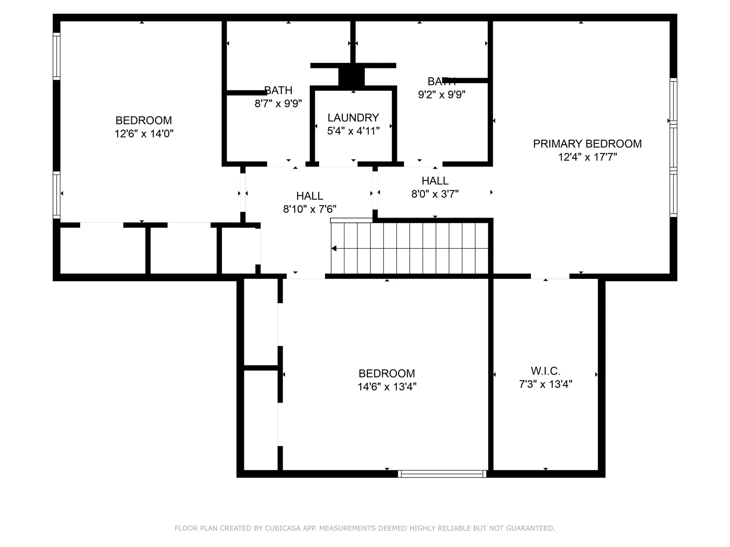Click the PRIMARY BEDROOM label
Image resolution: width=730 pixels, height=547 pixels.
tap(587, 144)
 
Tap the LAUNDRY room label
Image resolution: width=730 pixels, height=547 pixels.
tap(353, 118)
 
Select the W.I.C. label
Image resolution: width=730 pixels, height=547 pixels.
tap(545, 371)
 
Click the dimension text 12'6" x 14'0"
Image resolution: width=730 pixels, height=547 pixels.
tap(144, 134)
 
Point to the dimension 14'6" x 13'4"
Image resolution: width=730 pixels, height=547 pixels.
tap(387, 387)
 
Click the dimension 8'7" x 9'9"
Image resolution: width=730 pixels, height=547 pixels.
tap(278, 103)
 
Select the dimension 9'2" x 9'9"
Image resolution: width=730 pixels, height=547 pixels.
tap(441, 95)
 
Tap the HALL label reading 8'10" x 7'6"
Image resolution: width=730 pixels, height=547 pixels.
tap(309, 196)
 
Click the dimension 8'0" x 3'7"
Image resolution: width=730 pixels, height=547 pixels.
tap(435, 194)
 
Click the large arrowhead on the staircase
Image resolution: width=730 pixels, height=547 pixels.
tap(334, 248)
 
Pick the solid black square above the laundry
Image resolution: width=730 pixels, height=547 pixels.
tap(351, 76)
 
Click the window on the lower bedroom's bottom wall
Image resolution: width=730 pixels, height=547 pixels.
tap(442, 474)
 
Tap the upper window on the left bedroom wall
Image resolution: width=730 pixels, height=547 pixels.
tap(56, 56)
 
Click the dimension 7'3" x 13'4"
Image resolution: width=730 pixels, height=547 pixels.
tap(545, 384)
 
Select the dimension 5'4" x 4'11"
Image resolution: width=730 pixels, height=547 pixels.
tap(353, 131)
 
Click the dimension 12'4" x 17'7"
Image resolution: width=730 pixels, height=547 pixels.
tap(587, 157)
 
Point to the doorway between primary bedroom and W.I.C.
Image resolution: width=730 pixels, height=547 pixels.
tap(550, 277)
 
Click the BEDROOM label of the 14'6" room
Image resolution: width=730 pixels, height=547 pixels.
tap(387, 373)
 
